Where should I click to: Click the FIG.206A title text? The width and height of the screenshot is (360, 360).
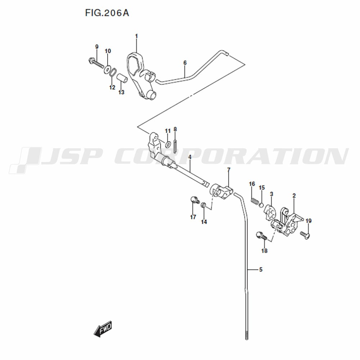(107, 13)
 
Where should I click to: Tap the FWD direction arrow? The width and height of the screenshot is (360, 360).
(103, 329)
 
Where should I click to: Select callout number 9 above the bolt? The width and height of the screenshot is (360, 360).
(96, 47)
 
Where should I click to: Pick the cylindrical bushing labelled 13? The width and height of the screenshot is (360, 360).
(122, 79)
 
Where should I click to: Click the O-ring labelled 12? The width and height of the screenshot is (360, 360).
(113, 73)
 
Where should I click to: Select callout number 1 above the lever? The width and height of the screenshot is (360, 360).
(136, 36)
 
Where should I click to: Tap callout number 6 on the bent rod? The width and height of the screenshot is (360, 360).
(185, 63)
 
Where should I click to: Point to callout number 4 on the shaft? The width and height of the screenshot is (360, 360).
(190, 158)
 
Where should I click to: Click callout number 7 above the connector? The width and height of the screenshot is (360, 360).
(229, 170)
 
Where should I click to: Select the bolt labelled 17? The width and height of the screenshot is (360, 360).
(195, 200)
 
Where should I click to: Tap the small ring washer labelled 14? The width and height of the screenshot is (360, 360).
(203, 205)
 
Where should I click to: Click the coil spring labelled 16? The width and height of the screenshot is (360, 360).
(255, 201)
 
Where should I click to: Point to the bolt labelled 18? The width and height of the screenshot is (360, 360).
(262, 237)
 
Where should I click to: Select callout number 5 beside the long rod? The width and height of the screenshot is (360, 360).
(261, 269)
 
